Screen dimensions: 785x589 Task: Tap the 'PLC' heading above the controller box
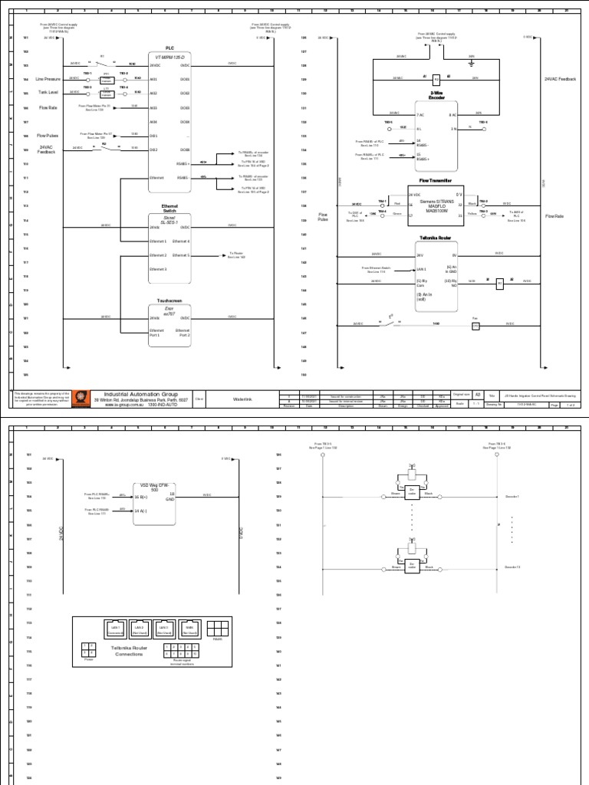(x=169, y=48)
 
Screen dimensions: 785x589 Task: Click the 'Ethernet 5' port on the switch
(x=181, y=255)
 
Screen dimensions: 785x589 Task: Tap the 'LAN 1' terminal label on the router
(x=420, y=269)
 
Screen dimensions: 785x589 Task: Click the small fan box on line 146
(x=475, y=325)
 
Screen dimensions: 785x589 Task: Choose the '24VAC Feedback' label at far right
(x=558, y=79)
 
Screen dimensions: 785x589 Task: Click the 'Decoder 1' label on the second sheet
(x=512, y=497)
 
